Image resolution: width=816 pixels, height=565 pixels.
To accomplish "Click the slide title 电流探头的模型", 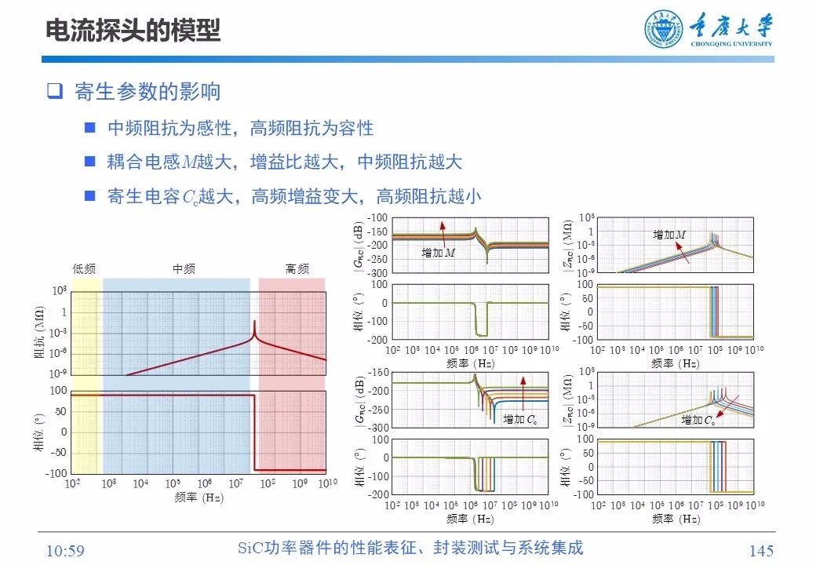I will (x=133, y=31).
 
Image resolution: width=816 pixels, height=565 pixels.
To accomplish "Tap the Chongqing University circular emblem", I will (x=664, y=31).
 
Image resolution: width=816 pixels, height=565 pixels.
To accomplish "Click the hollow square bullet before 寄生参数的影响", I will (x=54, y=91).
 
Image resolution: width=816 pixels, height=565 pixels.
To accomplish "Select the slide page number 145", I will (x=761, y=551).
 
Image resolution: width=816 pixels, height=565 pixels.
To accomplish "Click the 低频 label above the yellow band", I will (x=84, y=268).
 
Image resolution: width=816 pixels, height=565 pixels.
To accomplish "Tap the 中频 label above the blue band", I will (x=184, y=268).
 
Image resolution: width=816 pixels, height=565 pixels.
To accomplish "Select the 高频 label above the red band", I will (x=297, y=268).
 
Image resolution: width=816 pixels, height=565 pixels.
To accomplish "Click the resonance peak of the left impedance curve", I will (x=254, y=323).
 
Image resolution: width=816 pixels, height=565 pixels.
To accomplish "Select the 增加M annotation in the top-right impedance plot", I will (x=668, y=235).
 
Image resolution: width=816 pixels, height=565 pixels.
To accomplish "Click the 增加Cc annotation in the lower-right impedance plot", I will (x=698, y=421).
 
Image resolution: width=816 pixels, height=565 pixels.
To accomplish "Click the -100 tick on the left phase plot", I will (x=58, y=473).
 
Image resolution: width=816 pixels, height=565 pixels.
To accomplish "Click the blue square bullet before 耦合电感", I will (x=90, y=162).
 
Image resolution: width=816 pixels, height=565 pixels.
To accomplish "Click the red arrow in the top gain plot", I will (x=443, y=232).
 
